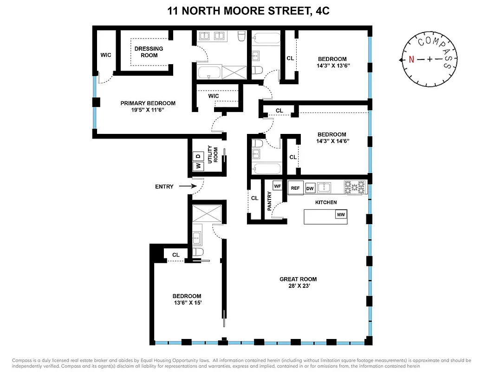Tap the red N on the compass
point(411,60)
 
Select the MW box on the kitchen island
point(341,214)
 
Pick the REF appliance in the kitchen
point(295,188)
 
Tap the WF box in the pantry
point(278,186)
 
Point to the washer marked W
point(198,166)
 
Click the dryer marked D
point(198,155)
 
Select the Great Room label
point(298,279)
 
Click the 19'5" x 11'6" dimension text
point(148,111)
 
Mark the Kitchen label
point(325,202)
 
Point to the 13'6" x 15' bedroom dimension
point(187,304)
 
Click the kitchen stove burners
point(355,187)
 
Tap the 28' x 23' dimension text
point(298,287)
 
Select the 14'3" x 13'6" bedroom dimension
point(332,66)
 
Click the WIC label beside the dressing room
point(106,55)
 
